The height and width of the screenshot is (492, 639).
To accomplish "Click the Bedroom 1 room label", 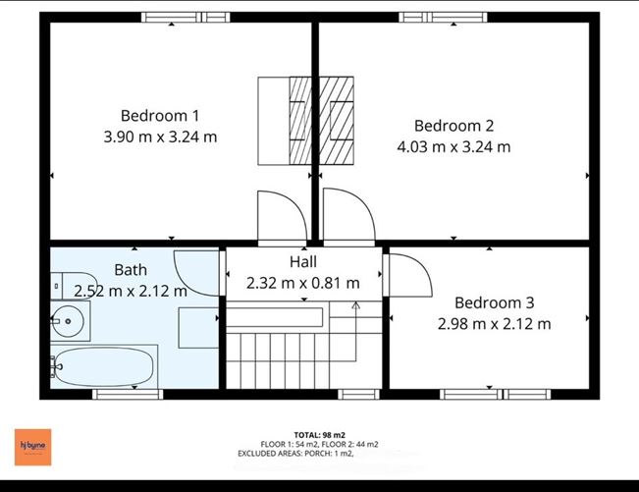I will click(x=160, y=115).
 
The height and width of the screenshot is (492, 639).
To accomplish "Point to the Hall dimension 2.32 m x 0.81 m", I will click(x=302, y=283).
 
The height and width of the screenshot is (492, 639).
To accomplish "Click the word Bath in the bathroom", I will click(x=131, y=270).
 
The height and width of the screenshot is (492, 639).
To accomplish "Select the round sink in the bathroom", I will click(x=68, y=319).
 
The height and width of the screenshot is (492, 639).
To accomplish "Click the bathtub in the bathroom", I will click(x=103, y=367).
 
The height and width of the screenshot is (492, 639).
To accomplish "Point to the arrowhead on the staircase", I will click(x=355, y=304).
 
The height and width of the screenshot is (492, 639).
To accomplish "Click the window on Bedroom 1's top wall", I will click(x=186, y=17).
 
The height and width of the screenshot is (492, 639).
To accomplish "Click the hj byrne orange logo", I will click(x=31, y=444).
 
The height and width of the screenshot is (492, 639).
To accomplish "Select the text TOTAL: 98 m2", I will click(x=319, y=434).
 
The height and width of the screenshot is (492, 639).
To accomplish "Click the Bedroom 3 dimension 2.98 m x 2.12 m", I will click(x=494, y=323).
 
